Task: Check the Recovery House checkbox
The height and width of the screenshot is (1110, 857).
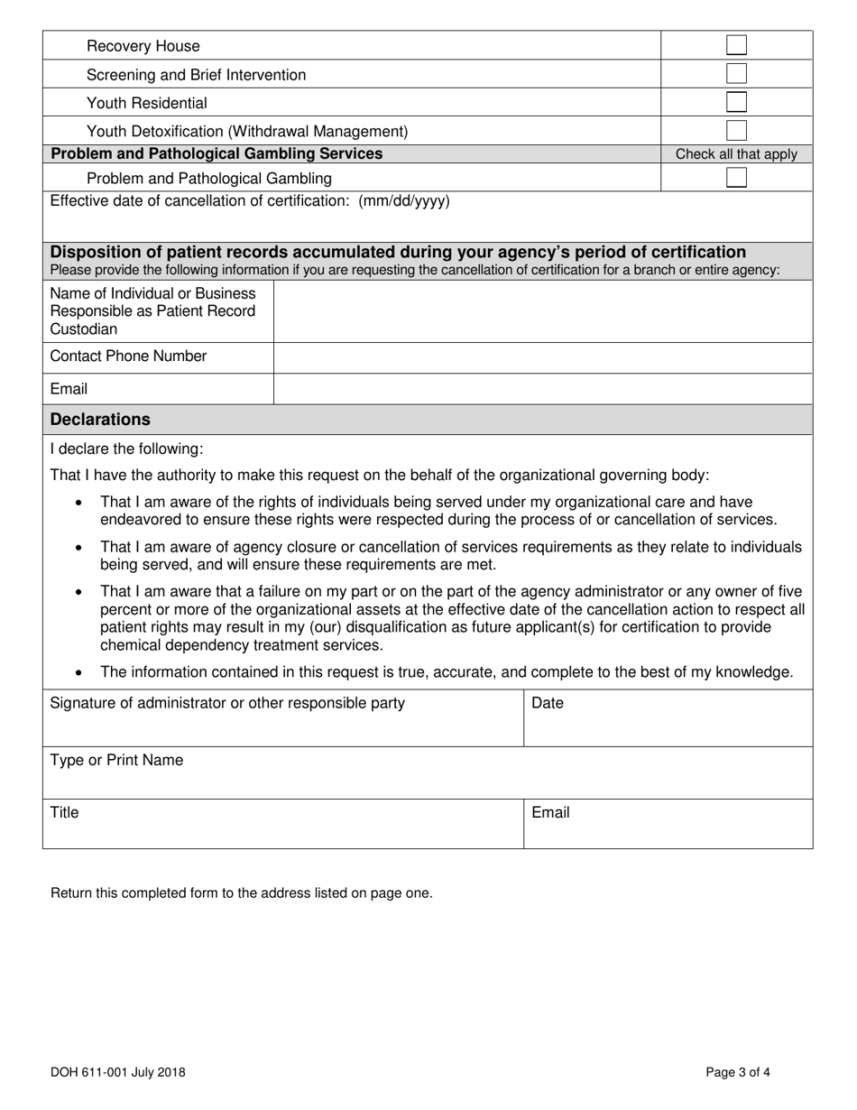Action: click(x=736, y=45)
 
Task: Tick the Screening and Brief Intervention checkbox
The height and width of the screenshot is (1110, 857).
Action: click(x=736, y=74)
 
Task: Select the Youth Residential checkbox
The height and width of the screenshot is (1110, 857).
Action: click(x=736, y=102)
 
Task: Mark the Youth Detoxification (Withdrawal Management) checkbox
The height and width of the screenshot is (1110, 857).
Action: click(x=736, y=130)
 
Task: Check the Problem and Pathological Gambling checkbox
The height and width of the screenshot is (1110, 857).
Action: click(x=736, y=178)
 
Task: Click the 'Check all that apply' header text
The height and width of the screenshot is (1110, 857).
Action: click(x=736, y=154)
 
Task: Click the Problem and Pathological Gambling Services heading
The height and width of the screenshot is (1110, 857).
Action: click(x=217, y=154)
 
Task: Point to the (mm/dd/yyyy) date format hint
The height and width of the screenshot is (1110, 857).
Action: click(x=403, y=201)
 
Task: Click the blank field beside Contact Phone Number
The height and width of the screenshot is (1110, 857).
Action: click(x=542, y=357)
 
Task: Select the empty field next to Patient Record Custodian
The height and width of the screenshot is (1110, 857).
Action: click(x=542, y=312)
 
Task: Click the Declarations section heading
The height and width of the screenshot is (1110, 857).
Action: click(x=100, y=420)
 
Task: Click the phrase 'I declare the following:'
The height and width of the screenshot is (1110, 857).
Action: click(x=126, y=449)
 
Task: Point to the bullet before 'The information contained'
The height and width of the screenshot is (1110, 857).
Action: click(x=81, y=673)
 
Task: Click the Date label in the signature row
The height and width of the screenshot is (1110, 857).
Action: click(x=548, y=703)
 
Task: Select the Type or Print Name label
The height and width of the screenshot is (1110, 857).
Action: click(x=116, y=761)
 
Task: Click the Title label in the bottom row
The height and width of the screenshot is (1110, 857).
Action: click(x=64, y=813)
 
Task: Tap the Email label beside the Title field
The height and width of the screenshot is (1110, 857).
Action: click(x=550, y=813)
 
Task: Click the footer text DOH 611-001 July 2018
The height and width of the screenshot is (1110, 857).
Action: click(x=118, y=1073)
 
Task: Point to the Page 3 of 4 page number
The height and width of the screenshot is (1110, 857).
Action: click(x=738, y=1073)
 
